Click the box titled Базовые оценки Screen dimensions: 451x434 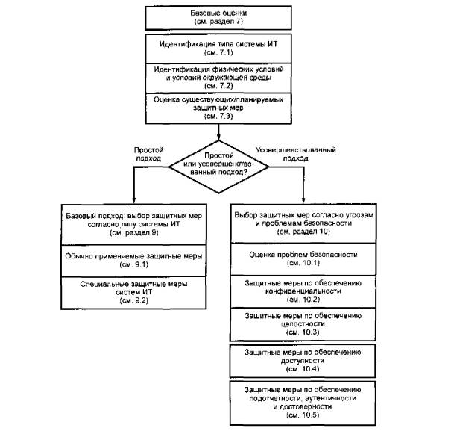[x=218, y=18]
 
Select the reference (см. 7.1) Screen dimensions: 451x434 [x=218, y=53]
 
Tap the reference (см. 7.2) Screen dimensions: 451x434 [x=218, y=86]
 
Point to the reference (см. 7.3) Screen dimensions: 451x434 [x=218, y=116]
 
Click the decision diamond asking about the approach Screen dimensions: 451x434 [x=218, y=167]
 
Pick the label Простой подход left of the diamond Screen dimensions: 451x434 [x=148, y=154]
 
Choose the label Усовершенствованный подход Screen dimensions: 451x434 [x=296, y=154]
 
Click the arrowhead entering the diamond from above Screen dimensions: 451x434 [x=218, y=137]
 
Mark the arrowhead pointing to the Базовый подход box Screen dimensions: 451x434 [x=133, y=201]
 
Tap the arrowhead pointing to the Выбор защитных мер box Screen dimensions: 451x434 [x=303, y=201]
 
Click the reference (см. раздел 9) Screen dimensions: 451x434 [x=134, y=233]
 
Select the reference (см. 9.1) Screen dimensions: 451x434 [x=134, y=265]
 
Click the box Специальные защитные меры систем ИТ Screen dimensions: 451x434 [x=133, y=293]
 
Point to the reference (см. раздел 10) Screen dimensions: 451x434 [x=303, y=232]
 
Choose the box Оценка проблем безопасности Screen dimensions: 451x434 [x=303, y=259]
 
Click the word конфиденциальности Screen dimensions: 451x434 [x=303, y=291]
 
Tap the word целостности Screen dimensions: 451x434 [x=303, y=324]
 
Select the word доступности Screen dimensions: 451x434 [x=303, y=361]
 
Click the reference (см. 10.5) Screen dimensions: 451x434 [x=303, y=415]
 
